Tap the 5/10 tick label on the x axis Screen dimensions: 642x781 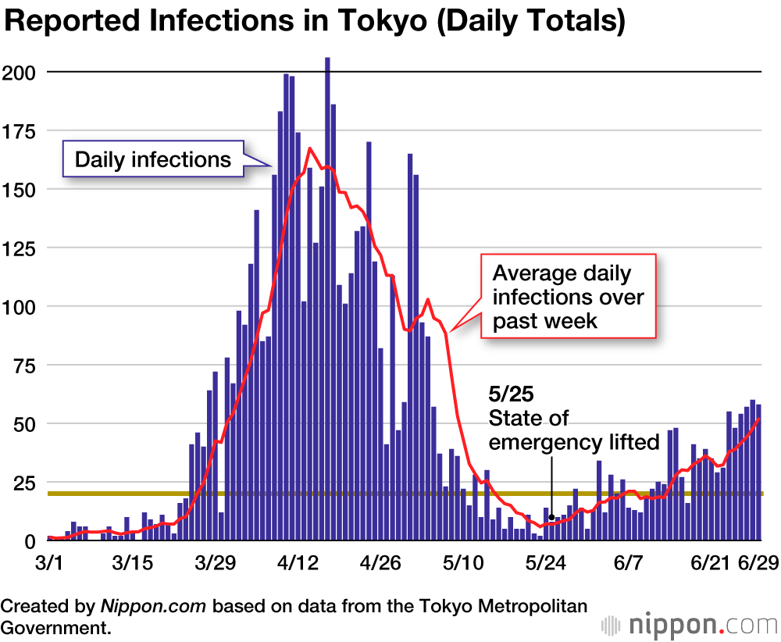464,563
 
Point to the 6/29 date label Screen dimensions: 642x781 757,563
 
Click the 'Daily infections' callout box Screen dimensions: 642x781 153,160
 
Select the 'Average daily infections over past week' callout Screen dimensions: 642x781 568,296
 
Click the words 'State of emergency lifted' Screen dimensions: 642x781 574,430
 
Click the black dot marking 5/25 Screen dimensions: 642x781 551,516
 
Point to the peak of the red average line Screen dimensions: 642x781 310,148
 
